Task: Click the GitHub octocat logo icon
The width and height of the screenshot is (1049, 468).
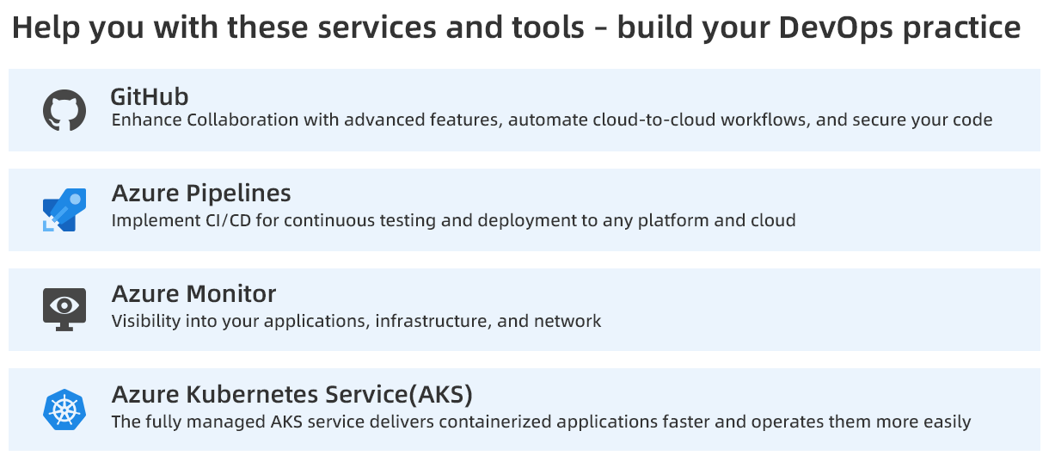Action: pyautogui.click(x=64, y=110)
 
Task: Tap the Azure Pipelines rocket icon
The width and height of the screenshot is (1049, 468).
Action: pyautogui.click(x=64, y=210)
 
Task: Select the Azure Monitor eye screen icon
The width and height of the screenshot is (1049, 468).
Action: pyautogui.click(x=64, y=310)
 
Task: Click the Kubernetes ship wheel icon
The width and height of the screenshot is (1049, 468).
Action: pyautogui.click(x=64, y=409)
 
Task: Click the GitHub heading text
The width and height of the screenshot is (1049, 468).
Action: pyautogui.click(x=150, y=97)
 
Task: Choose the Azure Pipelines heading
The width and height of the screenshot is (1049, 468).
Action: pyautogui.click(x=201, y=194)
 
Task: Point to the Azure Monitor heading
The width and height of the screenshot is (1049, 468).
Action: pyautogui.click(x=193, y=293)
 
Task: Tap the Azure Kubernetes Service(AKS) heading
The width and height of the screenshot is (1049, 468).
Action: pyautogui.click(x=292, y=395)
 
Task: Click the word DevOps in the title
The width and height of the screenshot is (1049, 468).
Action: pyautogui.click(x=836, y=28)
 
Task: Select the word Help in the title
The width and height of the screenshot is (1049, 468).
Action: pyautogui.click(x=46, y=28)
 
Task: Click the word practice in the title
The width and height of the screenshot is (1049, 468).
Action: pyautogui.click(x=961, y=28)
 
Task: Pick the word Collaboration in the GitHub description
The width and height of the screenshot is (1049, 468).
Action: pyautogui.click(x=242, y=120)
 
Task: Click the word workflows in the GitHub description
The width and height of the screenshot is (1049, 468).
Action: pyautogui.click(x=765, y=120)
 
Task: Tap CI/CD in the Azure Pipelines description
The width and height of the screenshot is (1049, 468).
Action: pyautogui.click(x=228, y=220)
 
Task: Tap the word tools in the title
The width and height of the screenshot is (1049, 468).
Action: pyautogui.click(x=549, y=28)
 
